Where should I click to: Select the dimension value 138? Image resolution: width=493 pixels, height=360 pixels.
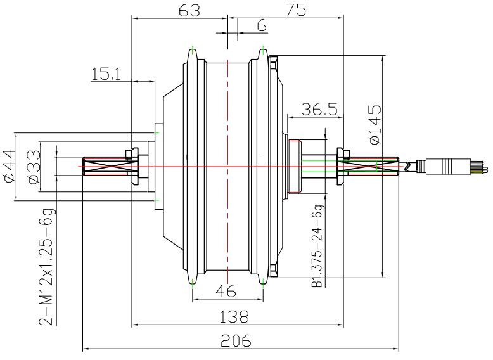coord(234,316)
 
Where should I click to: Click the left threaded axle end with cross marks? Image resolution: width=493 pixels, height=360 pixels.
coord(105,167)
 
